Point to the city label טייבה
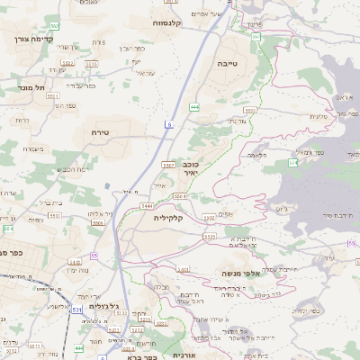[x=226, y=65]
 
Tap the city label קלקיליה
[x=168, y=217]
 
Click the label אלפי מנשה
[x=241, y=272]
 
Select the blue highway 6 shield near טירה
[x=168, y=123]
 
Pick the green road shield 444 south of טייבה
[x=194, y=107]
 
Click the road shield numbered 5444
[x=146, y=206]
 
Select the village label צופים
[x=224, y=212]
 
